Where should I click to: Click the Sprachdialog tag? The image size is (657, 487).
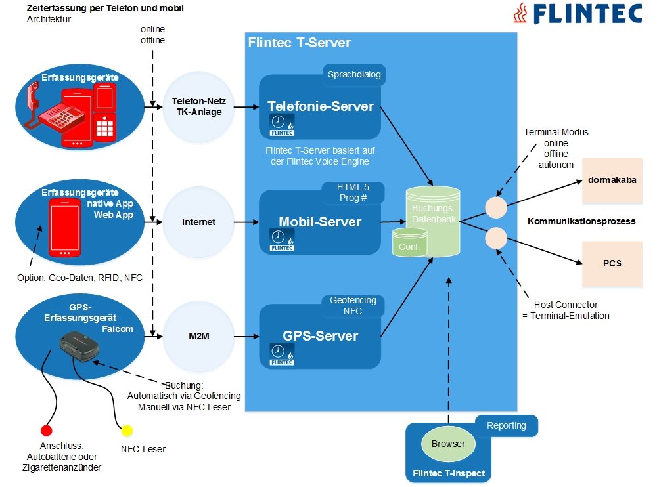[x=354, y=74]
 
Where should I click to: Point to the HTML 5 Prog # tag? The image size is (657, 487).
[x=353, y=192]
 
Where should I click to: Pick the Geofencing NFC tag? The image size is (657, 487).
[x=353, y=305]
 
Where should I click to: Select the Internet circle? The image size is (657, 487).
[x=198, y=222]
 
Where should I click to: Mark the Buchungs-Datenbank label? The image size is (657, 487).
[x=432, y=213]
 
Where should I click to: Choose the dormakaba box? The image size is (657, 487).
[x=612, y=179]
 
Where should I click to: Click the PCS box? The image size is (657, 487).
[x=612, y=263]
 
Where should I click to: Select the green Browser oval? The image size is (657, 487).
[x=448, y=444]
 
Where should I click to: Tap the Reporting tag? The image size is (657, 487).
[x=506, y=425]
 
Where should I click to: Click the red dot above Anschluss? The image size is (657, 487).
[x=47, y=431]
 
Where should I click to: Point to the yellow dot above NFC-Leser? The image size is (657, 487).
[x=127, y=431]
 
